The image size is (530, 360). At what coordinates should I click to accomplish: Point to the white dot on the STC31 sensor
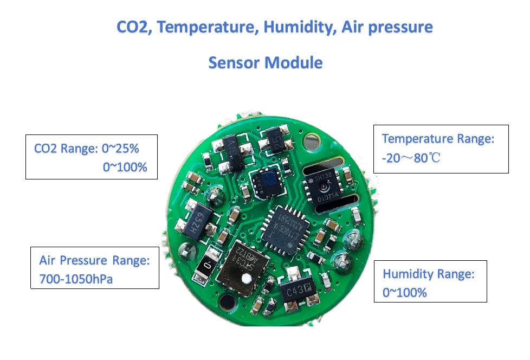tap(247, 280)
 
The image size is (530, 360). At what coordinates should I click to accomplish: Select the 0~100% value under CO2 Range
tap(125, 167)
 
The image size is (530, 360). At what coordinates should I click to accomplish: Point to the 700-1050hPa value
tap(76, 280)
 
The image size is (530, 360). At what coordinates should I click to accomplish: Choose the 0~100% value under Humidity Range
tap(405, 293)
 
